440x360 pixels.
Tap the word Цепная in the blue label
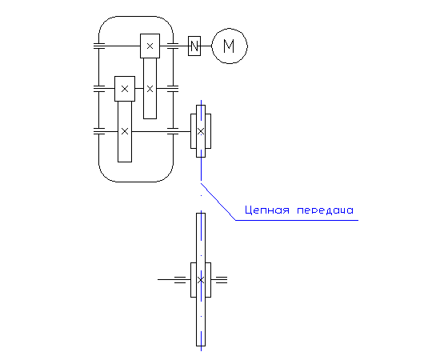point(266,210)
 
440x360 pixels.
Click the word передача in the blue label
point(326,210)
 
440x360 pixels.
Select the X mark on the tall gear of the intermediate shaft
point(150,89)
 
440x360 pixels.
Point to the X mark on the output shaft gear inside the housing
point(125,131)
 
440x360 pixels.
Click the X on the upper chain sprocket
point(201,131)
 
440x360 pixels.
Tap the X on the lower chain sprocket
point(201,280)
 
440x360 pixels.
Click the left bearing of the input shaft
point(98,46)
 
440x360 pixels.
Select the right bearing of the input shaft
point(173,46)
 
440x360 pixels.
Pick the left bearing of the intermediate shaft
point(98,89)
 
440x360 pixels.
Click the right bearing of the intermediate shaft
point(173,89)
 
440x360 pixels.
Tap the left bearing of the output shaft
point(98,131)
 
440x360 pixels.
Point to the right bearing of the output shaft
point(173,131)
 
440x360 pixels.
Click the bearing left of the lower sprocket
point(180,280)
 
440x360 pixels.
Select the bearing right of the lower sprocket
point(222,280)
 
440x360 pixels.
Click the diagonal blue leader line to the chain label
point(218,202)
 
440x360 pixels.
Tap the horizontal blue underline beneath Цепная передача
point(297,220)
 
